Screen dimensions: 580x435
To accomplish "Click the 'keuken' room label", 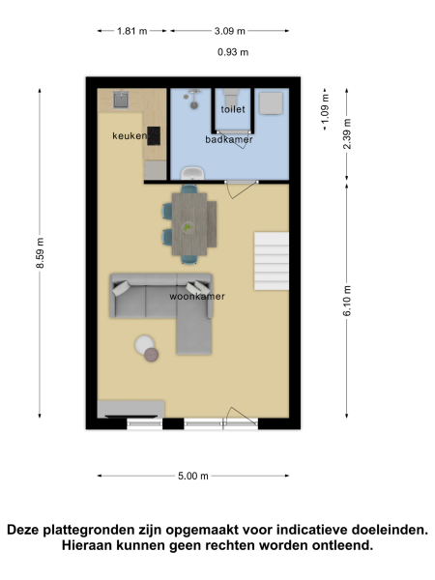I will click(x=130, y=136).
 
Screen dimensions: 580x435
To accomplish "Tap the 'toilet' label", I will click(x=233, y=109).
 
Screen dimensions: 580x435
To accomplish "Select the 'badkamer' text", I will click(x=229, y=139).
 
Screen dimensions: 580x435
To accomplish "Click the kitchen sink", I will click(x=121, y=98).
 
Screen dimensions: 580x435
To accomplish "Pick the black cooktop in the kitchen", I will click(x=154, y=135).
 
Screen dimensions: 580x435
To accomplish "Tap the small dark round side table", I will click(x=152, y=355).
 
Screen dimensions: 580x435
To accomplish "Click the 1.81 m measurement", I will click(x=131, y=31).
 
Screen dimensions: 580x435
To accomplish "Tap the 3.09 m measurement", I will click(x=230, y=31).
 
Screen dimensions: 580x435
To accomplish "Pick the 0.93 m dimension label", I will click(x=233, y=52).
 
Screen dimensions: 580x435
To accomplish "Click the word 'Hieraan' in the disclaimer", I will click(x=95, y=545).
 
